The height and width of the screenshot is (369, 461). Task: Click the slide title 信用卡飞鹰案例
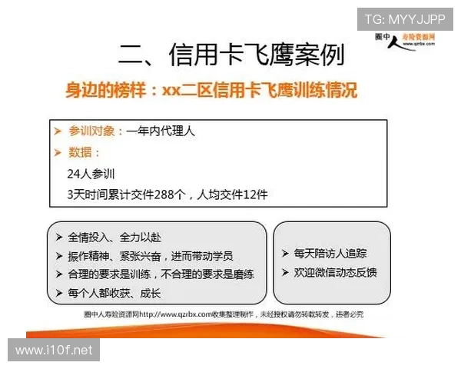click(231, 55)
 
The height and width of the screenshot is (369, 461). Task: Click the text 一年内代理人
click(161, 131)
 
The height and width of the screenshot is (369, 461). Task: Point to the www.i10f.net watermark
click(54, 351)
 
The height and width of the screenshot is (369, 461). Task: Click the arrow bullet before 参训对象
click(58, 131)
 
